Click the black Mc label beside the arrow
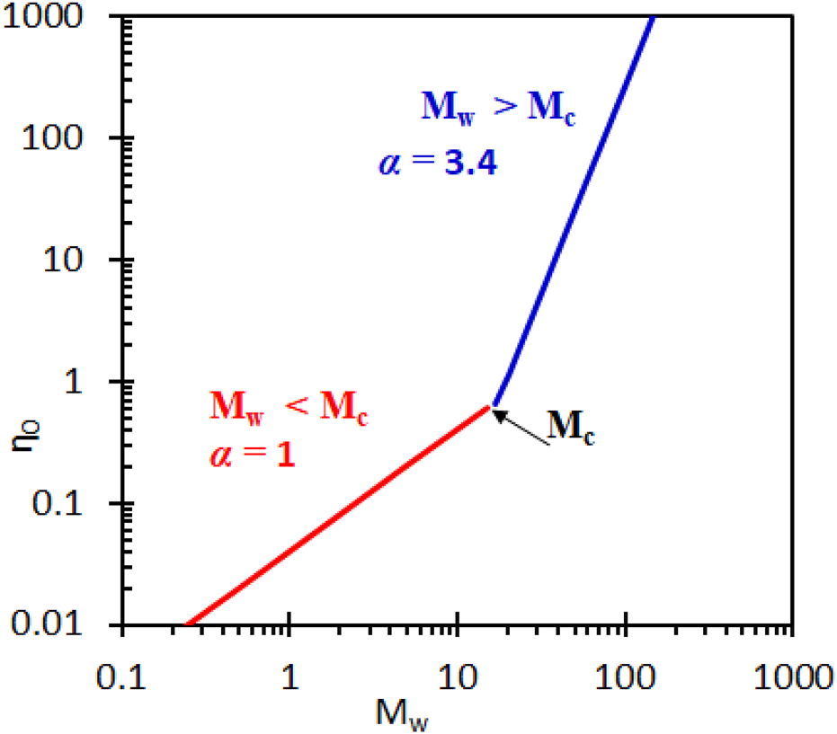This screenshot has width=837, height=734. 573,429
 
